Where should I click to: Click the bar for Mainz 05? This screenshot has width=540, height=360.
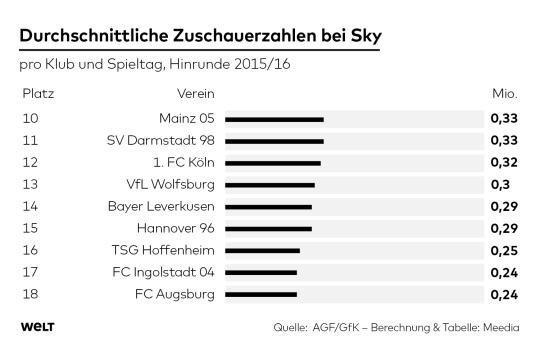click(274, 118)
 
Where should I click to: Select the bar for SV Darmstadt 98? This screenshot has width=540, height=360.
click(274, 140)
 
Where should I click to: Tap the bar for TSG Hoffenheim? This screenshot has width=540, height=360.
click(262, 250)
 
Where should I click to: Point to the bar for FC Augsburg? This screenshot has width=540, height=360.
click(261, 294)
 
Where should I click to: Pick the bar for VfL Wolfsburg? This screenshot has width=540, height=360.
click(270, 184)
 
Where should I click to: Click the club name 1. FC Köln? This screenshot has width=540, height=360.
click(182, 162)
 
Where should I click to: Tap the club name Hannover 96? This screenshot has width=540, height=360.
click(174, 228)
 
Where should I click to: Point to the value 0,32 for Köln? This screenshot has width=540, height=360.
click(503, 162)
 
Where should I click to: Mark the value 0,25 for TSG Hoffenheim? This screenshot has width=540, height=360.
click(503, 250)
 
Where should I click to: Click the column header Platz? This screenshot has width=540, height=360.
click(37, 94)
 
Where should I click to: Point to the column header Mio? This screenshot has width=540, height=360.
click(504, 94)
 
